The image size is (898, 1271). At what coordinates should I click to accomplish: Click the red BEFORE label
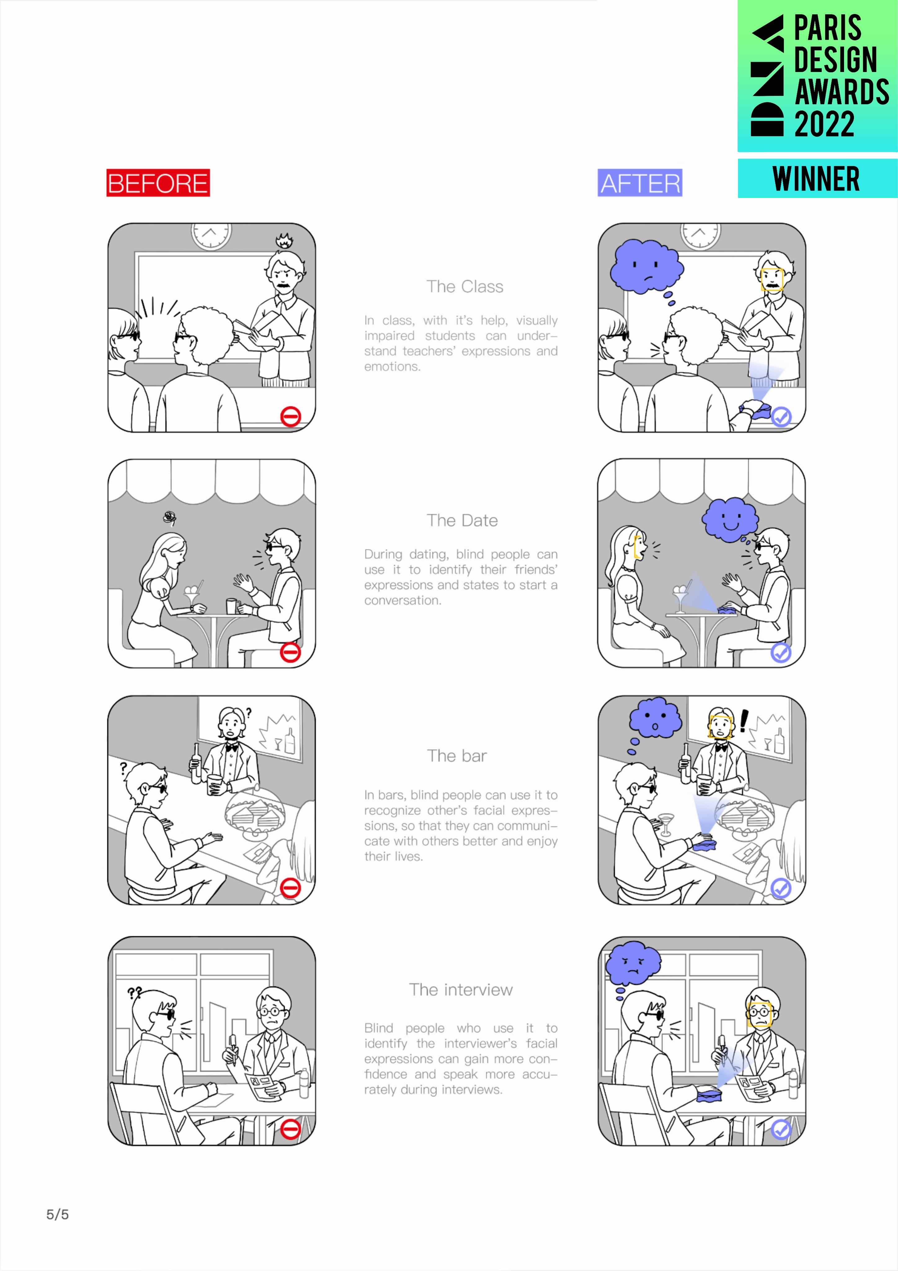pos(158,183)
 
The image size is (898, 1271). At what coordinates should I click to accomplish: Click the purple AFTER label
pos(640,183)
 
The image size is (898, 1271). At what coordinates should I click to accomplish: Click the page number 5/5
pos(58,1215)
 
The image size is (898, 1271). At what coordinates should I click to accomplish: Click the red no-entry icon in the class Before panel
pos(291,416)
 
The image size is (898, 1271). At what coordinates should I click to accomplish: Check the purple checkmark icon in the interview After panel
pos(781,1129)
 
